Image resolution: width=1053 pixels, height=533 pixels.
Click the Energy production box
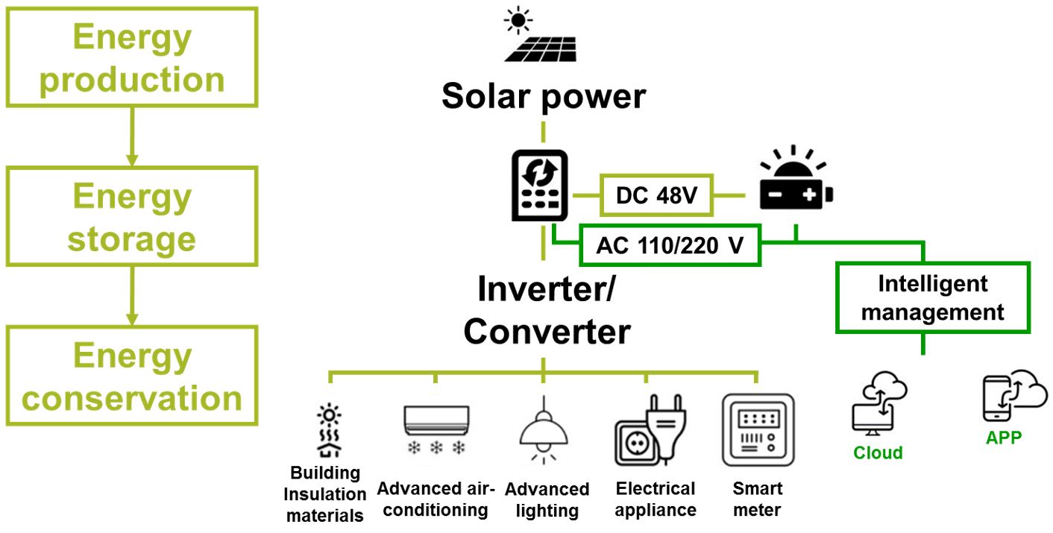click(x=132, y=57)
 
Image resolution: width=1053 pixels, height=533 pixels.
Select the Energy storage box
click(x=132, y=217)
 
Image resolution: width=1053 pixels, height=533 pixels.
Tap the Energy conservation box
click(x=132, y=376)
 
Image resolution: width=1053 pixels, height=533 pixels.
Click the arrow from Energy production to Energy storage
click(x=132, y=135)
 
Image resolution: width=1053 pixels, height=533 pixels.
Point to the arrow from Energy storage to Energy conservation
click(x=132, y=294)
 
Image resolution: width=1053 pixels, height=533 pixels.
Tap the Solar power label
click(x=543, y=97)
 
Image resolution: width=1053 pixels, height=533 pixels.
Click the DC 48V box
click(x=656, y=196)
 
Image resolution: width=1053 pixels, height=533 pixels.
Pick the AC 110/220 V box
click(x=669, y=245)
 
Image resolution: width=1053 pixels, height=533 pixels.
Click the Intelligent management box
click(x=932, y=297)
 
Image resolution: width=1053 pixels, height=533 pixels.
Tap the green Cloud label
click(x=878, y=453)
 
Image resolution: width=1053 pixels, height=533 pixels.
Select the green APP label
click(x=1003, y=438)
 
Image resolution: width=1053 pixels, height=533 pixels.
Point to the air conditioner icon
click(x=436, y=429)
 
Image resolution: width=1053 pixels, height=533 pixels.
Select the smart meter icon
click(x=756, y=430)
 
